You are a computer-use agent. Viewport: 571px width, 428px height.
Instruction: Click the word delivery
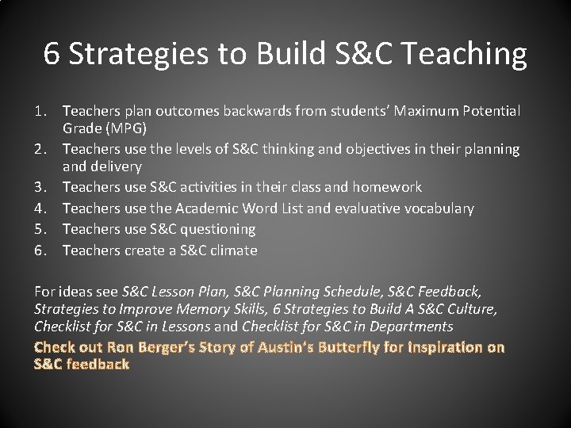coord(117,166)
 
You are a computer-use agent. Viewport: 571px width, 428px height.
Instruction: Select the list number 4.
coord(40,208)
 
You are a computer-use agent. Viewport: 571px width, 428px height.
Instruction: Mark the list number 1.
coord(40,111)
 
